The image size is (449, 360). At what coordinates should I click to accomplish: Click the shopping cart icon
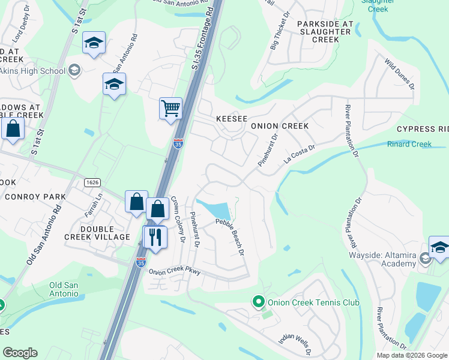click(x=171, y=109)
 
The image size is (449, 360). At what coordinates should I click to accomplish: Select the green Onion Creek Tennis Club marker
click(x=259, y=302)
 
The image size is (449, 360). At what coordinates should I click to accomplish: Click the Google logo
click(x=20, y=353)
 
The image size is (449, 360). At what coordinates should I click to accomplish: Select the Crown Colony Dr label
click(x=177, y=219)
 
